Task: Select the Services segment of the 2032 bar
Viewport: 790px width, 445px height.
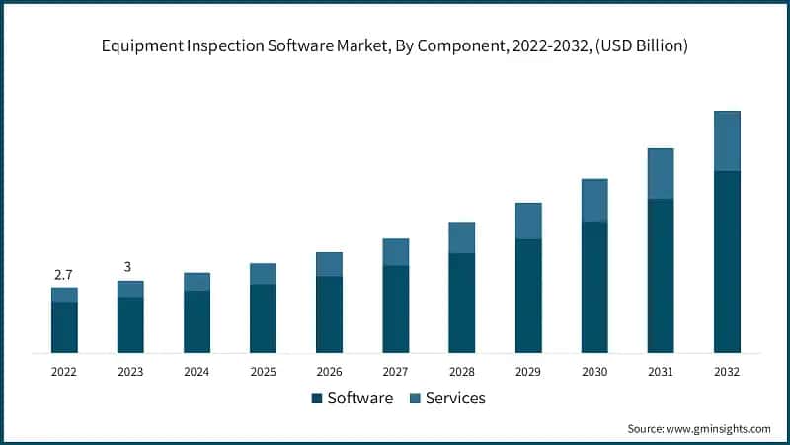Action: (727, 140)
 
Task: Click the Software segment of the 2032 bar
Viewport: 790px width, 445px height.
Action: (727, 262)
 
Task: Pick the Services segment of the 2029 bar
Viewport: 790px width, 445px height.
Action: (528, 221)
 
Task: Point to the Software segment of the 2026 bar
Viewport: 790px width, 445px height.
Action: (329, 314)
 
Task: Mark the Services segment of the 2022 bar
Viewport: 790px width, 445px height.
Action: (64, 295)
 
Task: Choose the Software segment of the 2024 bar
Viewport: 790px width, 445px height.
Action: (197, 321)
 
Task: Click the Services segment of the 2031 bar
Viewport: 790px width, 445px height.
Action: (661, 174)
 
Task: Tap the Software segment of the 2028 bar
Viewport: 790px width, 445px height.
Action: (462, 303)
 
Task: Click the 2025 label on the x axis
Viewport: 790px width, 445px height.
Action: (263, 372)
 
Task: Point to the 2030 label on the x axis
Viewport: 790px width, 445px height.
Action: (594, 372)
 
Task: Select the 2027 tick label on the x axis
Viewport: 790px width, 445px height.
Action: (395, 372)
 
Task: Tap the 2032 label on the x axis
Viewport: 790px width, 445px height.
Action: (727, 372)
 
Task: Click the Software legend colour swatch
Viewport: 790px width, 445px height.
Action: (316, 399)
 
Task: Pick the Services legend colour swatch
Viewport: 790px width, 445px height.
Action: (415, 399)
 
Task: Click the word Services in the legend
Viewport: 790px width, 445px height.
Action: (456, 399)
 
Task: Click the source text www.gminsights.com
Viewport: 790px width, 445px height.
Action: (718, 428)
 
